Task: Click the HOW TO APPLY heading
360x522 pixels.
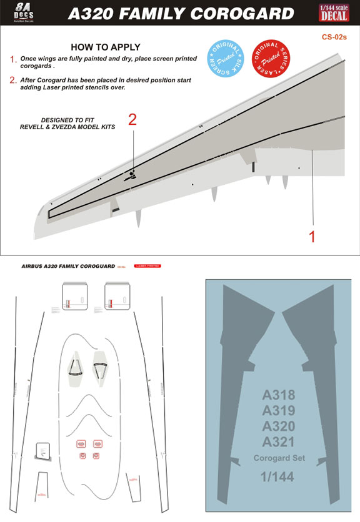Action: (105, 47)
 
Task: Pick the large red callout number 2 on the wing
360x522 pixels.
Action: (132, 120)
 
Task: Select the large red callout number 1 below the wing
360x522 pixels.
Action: (312, 237)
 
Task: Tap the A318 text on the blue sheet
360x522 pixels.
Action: (278, 395)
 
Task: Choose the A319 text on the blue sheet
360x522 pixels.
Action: (278, 411)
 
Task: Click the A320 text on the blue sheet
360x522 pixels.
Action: (278, 426)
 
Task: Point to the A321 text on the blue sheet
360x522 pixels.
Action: (278, 442)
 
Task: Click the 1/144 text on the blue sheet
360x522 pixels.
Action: (278, 477)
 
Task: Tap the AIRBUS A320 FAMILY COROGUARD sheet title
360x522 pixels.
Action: (66, 266)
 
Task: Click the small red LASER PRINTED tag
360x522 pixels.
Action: (147, 266)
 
